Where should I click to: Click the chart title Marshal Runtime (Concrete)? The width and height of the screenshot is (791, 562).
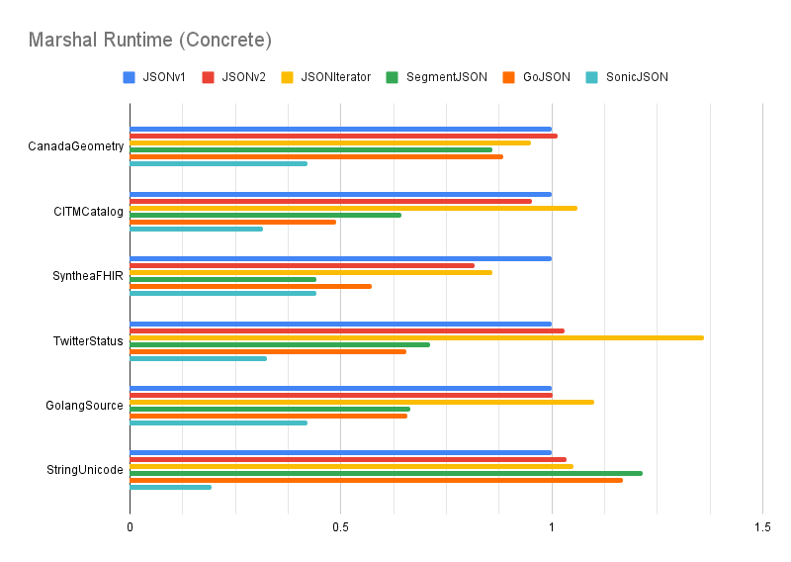pyautogui.click(x=149, y=41)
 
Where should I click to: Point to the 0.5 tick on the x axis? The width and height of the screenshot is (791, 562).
pyautogui.click(x=340, y=528)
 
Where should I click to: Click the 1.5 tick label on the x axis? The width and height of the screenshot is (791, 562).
pyautogui.click(x=761, y=528)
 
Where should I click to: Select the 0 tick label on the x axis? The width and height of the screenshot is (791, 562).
pyautogui.click(x=130, y=528)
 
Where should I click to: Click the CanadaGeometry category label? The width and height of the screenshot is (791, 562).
pyautogui.click(x=76, y=146)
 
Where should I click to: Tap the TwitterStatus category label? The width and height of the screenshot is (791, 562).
pyautogui.click(x=89, y=341)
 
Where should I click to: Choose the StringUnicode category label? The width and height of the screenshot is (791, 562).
pyautogui.click(x=86, y=470)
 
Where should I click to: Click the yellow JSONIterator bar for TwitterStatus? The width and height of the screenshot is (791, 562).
pyautogui.click(x=416, y=337)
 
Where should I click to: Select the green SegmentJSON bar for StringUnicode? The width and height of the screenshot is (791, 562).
pyautogui.click(x=386, y=473)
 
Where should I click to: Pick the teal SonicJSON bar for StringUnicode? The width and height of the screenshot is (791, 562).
pyautogui.click(x=170, y=487)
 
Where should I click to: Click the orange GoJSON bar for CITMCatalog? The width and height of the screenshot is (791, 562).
pyautogui.click(x=232, y=222)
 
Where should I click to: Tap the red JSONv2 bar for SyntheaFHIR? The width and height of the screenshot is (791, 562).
pyautogui.click(x=302, y=265)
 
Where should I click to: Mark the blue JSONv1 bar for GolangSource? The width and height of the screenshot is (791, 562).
pyautogui.click(x=340, y=388)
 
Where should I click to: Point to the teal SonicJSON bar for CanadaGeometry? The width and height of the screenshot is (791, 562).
pyautogui.click(x=219, y=163)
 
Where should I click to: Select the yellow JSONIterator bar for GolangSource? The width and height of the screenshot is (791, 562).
pyautogui.click(x=362, y=402)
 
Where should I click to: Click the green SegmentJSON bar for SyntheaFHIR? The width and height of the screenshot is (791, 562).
pyautogui.click(x=222, y=279)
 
